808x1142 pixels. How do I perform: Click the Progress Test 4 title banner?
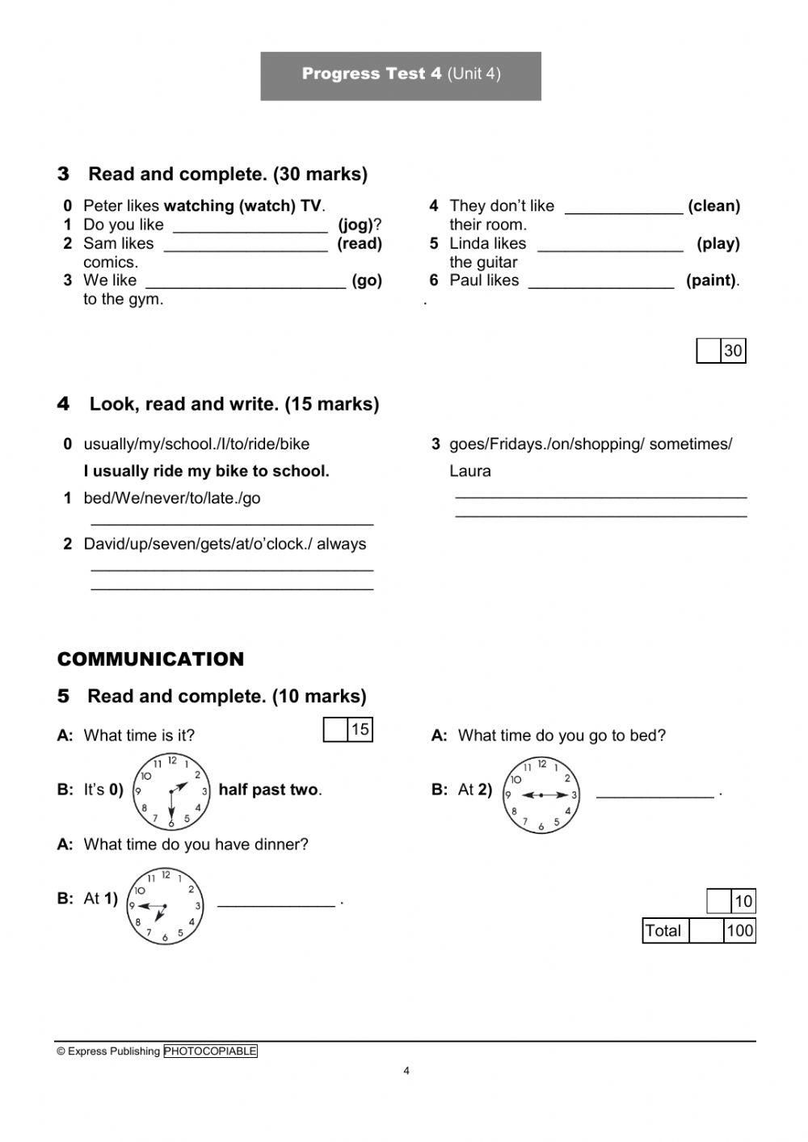coord(401,75)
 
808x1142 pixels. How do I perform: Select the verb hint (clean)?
coord(713,206)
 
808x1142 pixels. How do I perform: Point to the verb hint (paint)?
coord(711,280)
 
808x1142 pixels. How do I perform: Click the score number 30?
coord(733,351)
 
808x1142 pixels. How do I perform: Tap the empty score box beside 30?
coord(709,351)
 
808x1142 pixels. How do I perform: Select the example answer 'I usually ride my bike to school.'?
coord(206,471)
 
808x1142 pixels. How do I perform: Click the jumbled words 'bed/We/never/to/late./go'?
coord(172,498)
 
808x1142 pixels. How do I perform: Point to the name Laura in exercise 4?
coord(470,471)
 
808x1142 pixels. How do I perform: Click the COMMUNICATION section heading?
coord(150,659)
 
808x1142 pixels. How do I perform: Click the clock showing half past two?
coord(170,791)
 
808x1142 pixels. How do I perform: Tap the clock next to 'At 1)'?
coord(165,906)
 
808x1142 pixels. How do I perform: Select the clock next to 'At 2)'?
coord(541,795)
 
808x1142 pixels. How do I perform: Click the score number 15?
coord(360,729)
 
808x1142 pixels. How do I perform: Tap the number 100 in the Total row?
coord(739,930)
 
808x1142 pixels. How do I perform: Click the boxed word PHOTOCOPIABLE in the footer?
coord(210,1051)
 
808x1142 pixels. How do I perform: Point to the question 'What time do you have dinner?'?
coord(196,845)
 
